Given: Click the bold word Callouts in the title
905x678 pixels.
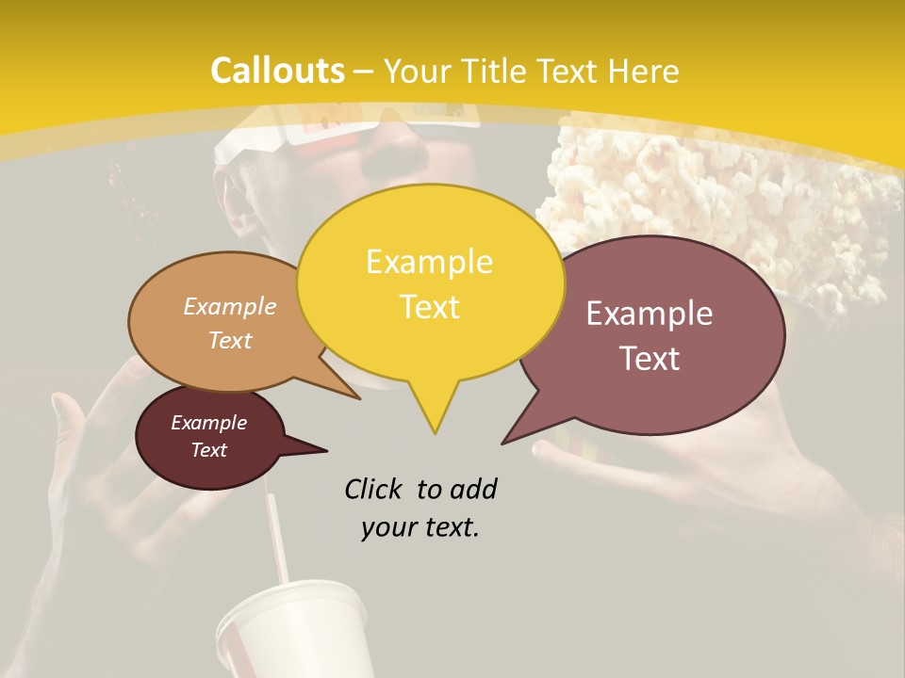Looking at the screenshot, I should (x=277, y=71).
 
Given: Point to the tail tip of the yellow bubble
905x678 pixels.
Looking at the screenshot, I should (x=435, y=432).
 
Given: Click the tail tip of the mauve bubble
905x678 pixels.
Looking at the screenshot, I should (x=503, y=443).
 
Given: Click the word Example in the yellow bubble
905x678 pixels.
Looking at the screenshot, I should (x=429, y=262).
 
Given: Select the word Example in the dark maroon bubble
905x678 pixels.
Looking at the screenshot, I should (x=208, y=423).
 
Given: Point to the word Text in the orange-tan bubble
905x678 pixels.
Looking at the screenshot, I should (x=230, y=340).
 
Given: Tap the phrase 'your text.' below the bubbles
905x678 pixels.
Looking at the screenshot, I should (x=420, y=527).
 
